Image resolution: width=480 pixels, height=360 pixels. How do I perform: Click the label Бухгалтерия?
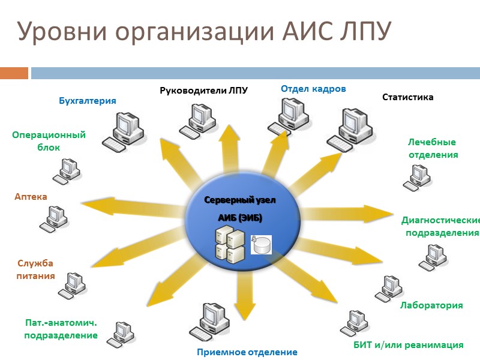point(87,101)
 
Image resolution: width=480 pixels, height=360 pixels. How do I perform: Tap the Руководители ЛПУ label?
point(203,91)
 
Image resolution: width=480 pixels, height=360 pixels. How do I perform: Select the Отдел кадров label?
point(313,89)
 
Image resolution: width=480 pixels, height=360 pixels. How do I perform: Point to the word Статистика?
point(407,97)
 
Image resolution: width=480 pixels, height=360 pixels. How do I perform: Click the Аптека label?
point(31,197)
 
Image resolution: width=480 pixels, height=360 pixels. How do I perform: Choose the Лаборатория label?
point(431,305)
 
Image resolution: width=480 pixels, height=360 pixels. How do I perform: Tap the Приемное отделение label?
point(247,352)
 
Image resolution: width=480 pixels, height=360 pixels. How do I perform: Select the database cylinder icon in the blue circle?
point(262,243)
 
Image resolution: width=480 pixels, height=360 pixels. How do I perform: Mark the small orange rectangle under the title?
point(14,73)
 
